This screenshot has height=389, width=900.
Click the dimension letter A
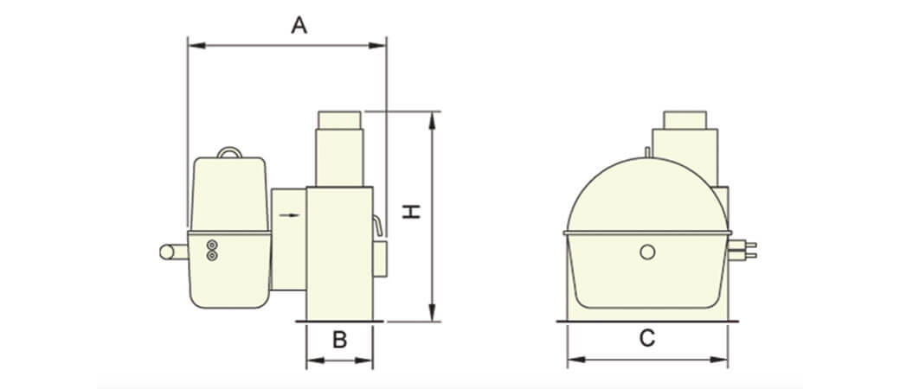point(299,25)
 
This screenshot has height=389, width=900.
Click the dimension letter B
point(340,340)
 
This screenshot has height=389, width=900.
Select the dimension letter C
point(647,339)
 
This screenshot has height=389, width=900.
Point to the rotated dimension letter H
point(411,211)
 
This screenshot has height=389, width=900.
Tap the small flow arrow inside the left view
point(290,215)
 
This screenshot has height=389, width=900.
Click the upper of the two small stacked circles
point(212,245)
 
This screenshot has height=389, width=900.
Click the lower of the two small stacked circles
point(212,255)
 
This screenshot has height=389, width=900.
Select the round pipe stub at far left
point(173,252)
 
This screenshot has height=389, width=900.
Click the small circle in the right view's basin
point(647,252)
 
